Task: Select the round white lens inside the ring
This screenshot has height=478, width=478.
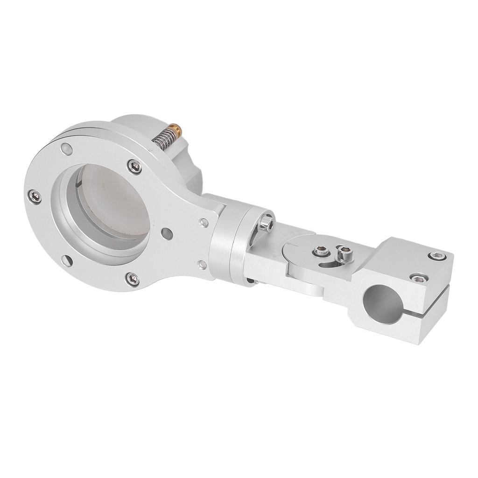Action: tap(112, 205)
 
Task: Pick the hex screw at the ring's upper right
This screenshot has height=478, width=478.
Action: tap(135, 166)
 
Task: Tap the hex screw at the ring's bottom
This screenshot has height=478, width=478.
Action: tap(132, 278)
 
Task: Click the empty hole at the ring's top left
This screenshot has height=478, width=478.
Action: tap(65, 149)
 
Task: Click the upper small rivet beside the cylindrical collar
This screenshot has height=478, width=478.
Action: tap(204, 222)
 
